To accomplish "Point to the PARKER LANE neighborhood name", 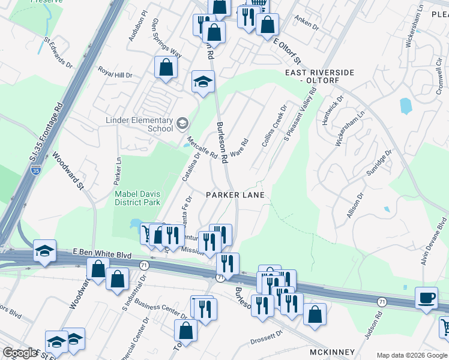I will coord(236,195).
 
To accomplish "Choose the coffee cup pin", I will coord(427,298).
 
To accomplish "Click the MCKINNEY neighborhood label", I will coord(332,352).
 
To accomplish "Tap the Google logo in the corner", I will coord(20,353).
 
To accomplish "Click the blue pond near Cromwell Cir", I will coord(406,106).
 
